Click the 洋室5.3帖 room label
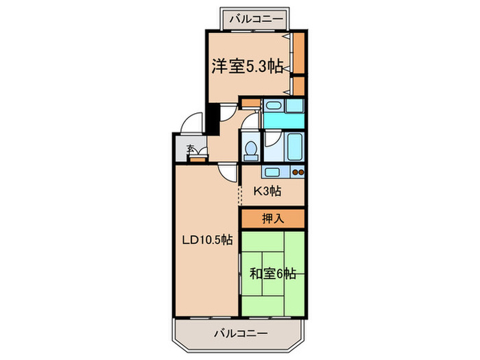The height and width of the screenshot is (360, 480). pyautogui.click(x=246, y=67)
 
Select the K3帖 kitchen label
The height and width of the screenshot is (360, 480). pyautogui.click(x=267, y=191)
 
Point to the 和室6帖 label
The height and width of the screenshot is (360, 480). pyautogui.click(x=272, y=274)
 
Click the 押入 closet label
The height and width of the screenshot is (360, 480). pyautogui.click(x=272, y=219)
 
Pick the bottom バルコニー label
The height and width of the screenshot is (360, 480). pyautogui.click(x=239, y=334)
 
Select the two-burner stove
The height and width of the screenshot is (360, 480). pyautogui.click(x=298, y=171)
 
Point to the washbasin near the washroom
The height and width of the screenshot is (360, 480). pyautogui.click(x=274, y=107)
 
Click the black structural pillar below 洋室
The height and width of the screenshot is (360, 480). pyautogui.click(x=213, y=118)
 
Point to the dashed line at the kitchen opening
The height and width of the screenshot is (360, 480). pyautogui.click(x=239, y=195)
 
